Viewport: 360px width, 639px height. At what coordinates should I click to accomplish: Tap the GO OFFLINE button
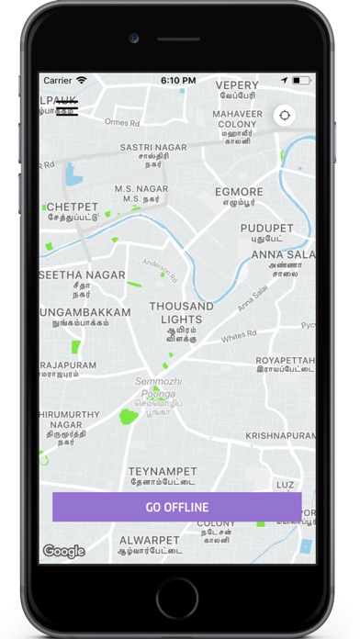(x=176, y=507)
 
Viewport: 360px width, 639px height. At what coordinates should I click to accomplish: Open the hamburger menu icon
(x=67, y=107)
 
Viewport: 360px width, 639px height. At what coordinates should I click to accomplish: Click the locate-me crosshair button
(x=285, y=116)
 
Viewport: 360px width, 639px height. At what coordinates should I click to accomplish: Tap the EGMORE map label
(x=239, y=192)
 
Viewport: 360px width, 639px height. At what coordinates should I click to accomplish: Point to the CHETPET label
(x=72, y=207)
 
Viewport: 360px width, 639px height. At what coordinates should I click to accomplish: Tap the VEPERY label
(x=237, y=85)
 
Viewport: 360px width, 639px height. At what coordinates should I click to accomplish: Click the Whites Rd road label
(x=239, y=340)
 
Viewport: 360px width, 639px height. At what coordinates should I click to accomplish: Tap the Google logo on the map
(x=63, y=551)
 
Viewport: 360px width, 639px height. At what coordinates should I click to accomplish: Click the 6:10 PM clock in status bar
(x=177, y=81)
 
